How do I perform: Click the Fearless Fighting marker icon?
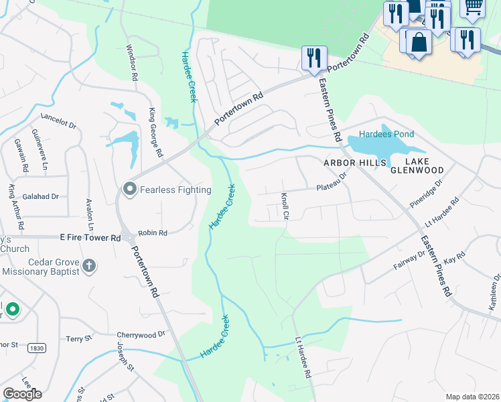pyautogui.click(x=129, y=190)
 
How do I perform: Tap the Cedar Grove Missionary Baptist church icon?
pyautogui.click(x=88, y=267)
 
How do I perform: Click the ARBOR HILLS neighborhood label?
pyautogui.click(x=355, y=162)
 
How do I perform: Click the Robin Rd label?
pyautogui.click(x=152, y=233)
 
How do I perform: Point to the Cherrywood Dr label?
pyautogui.click(x=141, y=334)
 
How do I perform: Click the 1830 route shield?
pyautogui.click(x=37, y=348)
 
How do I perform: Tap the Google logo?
pyautogui.click(x=22, y=393)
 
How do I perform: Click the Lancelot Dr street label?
pyautogui.click(x=59, y=121)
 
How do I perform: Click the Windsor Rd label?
pyautogui.click(x=132, y=63)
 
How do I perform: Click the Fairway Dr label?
pyautogui.click(x=409, y=259)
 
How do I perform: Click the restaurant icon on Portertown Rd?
pyautogui.click(x=314, y=58)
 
